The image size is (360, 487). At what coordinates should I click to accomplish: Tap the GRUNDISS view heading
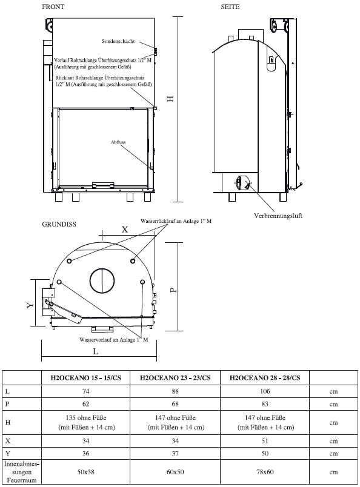tap(59, 224)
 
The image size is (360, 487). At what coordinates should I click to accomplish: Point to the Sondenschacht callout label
tap(119, 42)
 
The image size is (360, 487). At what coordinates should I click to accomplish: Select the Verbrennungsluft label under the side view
tap(278, 216)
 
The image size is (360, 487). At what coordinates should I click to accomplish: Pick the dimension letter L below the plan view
tap(96, 350)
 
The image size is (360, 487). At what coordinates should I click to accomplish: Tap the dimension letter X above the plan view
tap(125, 230)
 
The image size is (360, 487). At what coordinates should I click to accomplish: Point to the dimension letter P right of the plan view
tap(173, 290)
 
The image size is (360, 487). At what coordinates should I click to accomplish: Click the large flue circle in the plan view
tap(102, 280)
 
